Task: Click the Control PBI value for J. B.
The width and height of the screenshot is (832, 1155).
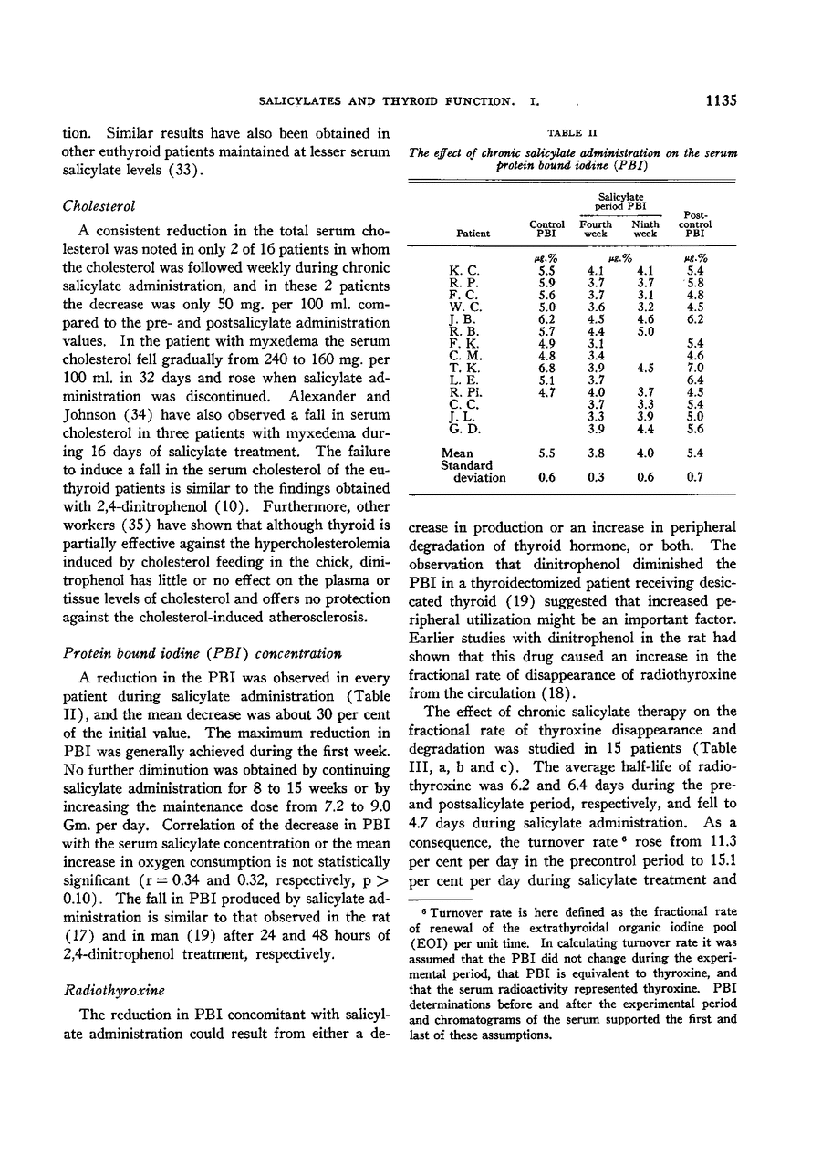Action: click(546, 320)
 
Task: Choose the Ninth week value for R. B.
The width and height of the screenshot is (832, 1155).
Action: click(645, 332)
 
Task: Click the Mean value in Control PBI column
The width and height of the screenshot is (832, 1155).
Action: click(546, 453)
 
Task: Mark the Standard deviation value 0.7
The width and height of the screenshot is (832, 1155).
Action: click(696, 478)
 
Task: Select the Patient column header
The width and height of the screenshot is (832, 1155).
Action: click(473, 234)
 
